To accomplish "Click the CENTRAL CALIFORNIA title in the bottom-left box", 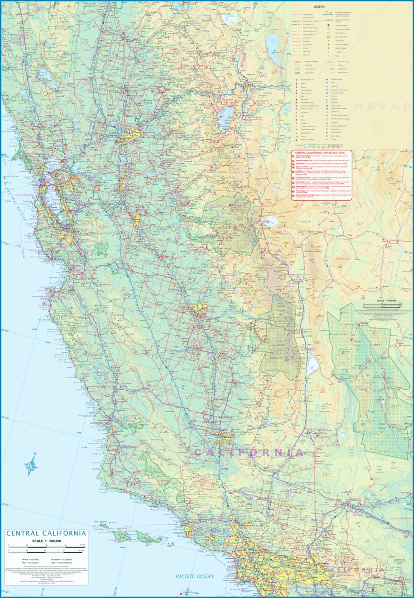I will click(46, 533).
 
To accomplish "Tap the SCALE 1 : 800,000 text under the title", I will click(46, 541).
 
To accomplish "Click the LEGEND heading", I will click(319, 7).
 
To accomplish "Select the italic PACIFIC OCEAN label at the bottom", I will click(194, 576).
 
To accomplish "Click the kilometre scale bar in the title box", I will click(46, 547).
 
